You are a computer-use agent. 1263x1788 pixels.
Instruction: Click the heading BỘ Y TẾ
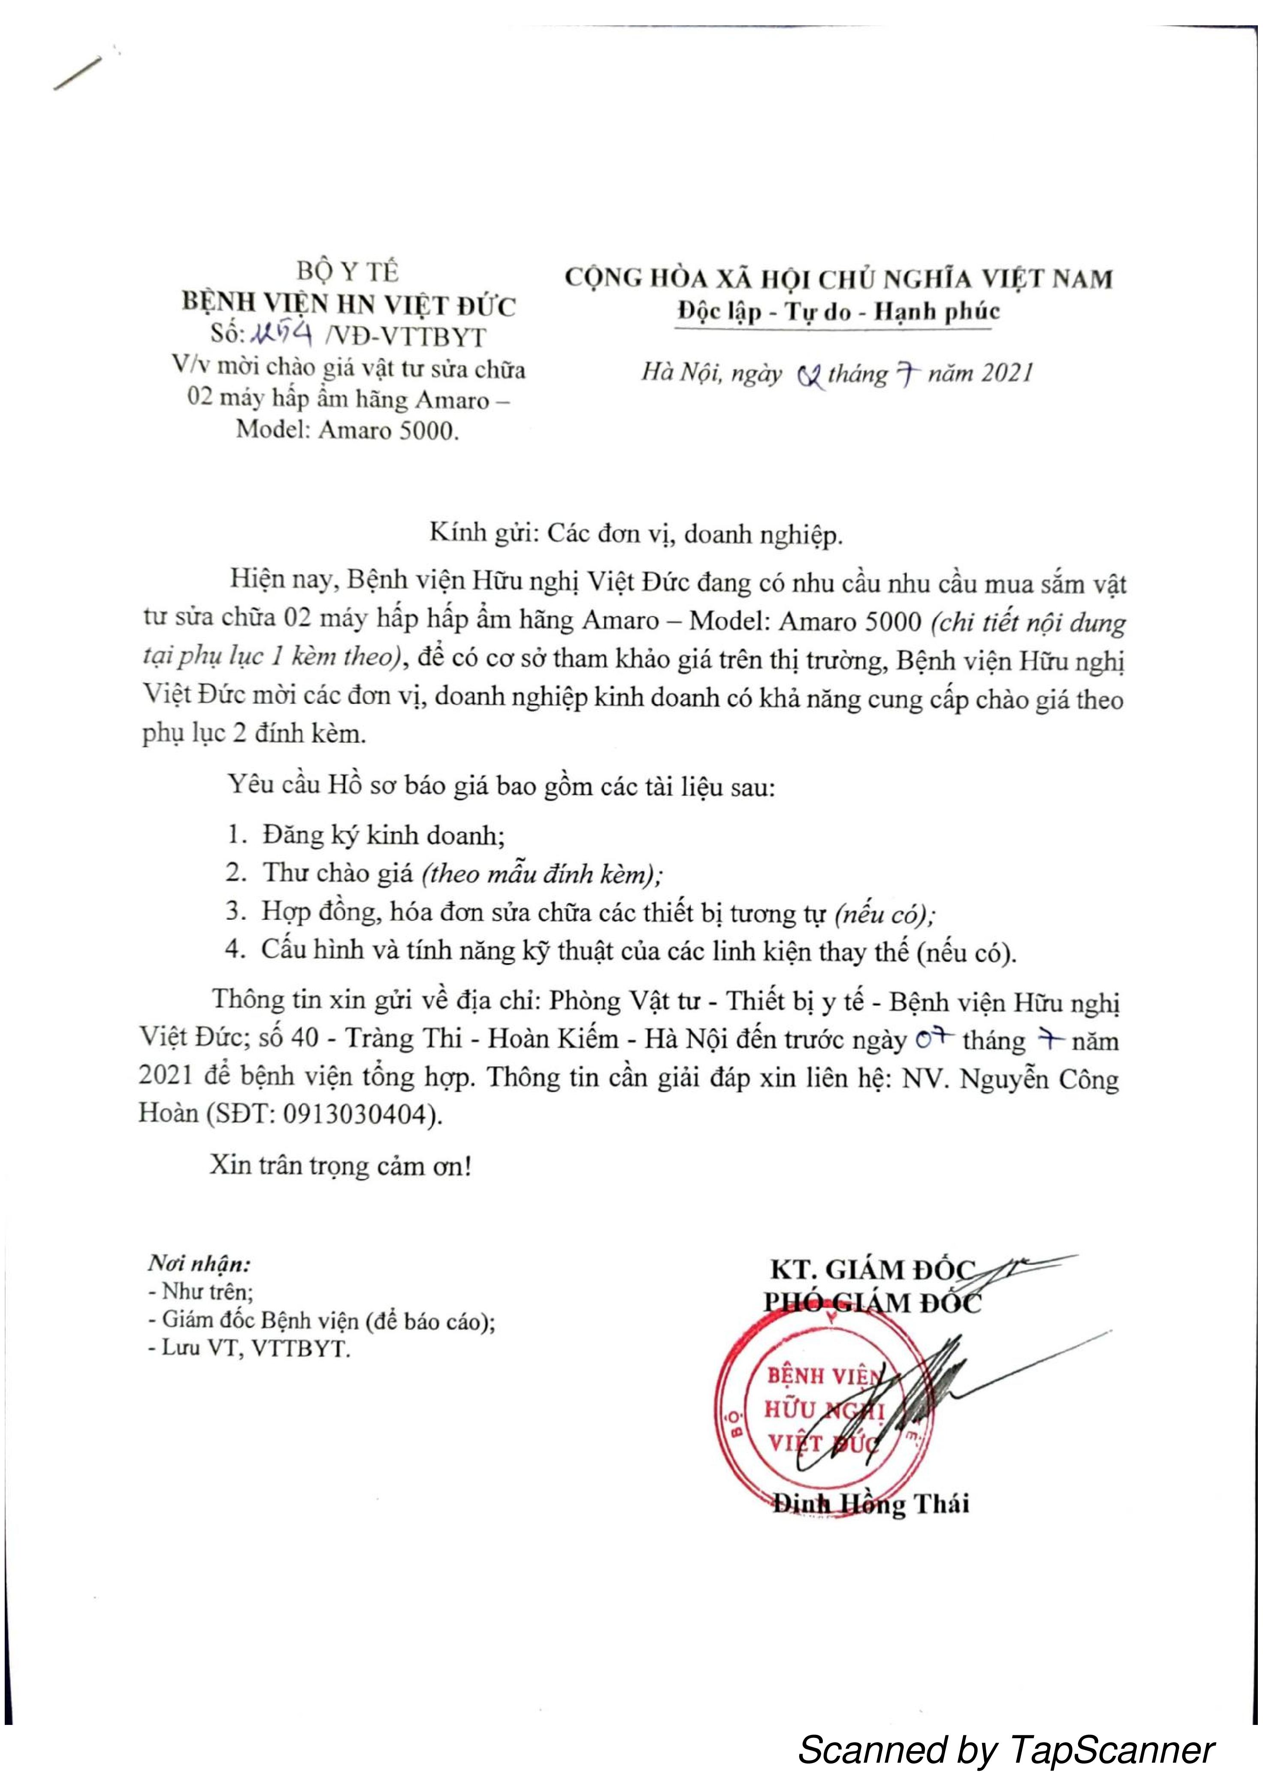[347, 272]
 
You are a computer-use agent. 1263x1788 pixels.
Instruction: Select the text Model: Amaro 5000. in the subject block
[347, 430]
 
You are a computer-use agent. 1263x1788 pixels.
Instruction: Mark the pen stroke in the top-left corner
[78, 74]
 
